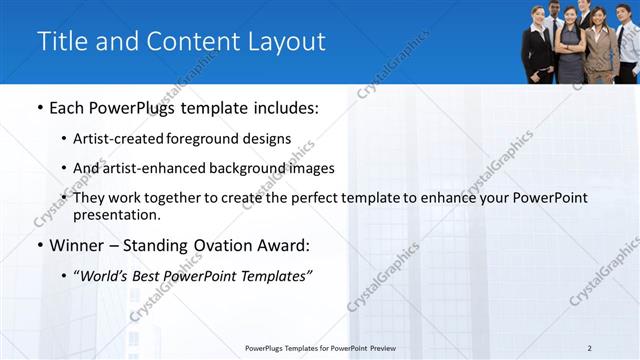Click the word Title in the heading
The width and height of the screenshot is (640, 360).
click(61, 41)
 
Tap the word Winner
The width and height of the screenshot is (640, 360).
click(76, 245)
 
